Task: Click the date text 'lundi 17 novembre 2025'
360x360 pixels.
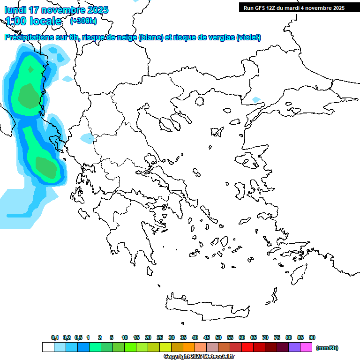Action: click(x=56, y=10)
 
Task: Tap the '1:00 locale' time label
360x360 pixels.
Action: click(x=33, y=21)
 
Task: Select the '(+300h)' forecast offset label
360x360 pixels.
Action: click(x=83, y=21)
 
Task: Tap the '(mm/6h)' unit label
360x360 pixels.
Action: click(x=327, y=348)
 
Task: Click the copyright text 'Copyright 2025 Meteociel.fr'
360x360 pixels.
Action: click(x=199, y=357)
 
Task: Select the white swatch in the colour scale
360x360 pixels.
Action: click(x=48, y=347)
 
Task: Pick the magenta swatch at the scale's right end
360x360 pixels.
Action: click(x=306, y=347)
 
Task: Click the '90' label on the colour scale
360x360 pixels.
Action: click(x=312, y=337)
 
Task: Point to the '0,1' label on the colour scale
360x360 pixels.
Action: click(x=55, y=337)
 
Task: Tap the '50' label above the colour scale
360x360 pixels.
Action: click(x=218, y=337)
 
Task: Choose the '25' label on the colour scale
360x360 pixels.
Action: click(x=160, y=337)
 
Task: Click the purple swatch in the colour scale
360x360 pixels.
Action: click(x=294, y=347)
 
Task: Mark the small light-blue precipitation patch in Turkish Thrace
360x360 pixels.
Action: click(x=256, y=99)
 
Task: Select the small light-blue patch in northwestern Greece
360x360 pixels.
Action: click(x=87, y=138)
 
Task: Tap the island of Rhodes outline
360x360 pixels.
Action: click(x=298, y=271)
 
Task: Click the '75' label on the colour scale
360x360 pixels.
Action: click(x=277, y=337)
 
